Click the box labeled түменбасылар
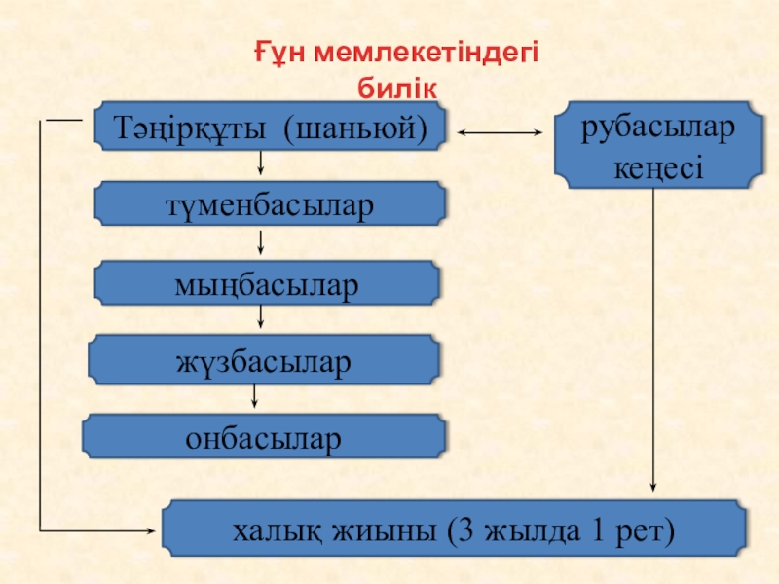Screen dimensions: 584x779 pyautogui.click(x=270, y=205)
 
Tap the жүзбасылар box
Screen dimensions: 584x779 pyautogui.click(x=263, y=361)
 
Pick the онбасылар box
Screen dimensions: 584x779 pyautogui.click(x=264, y=437)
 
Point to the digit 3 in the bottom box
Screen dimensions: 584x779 pyautogui.click(x=458, y=531)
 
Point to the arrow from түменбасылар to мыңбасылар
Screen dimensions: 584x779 pyautogui.click(x=260, y=243)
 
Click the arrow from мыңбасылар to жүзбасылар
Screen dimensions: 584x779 pyautogui.click(x=260, y=317)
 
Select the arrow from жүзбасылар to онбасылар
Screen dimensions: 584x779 pyautogui.click(x=255, y=394)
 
